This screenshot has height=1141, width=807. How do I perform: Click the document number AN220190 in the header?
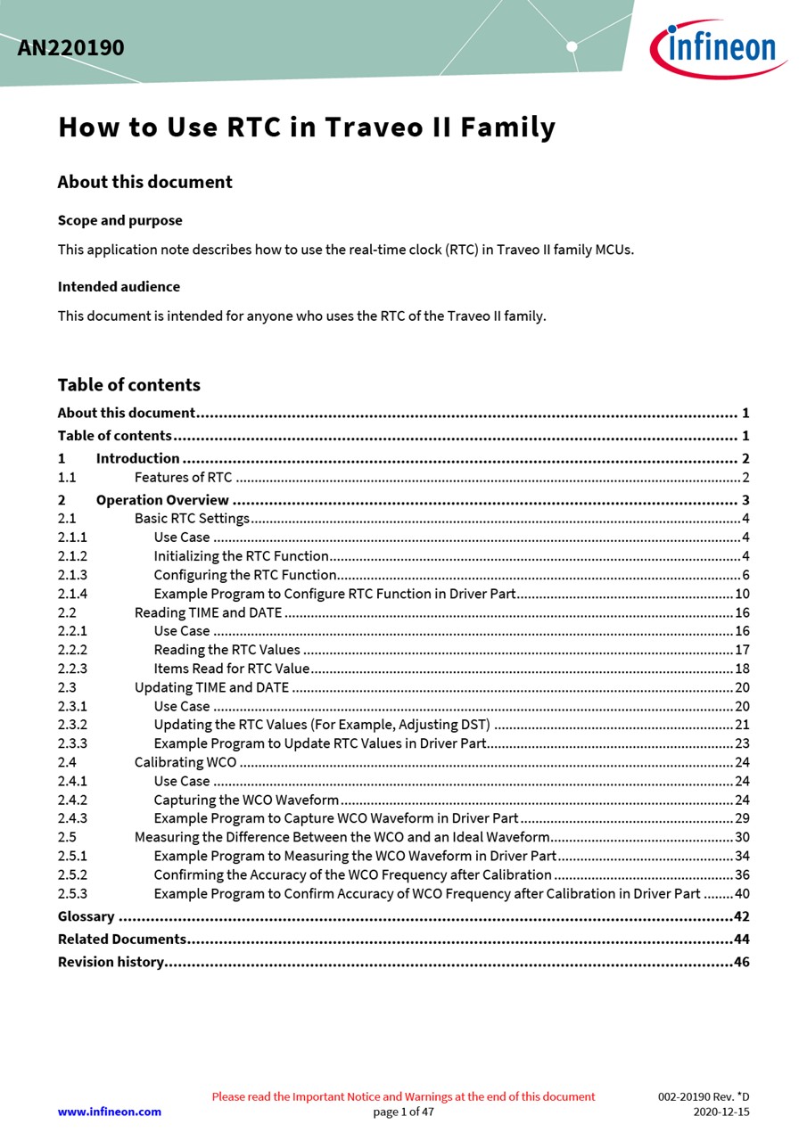[70, 48]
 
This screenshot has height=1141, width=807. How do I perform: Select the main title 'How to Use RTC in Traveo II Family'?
[307, 127]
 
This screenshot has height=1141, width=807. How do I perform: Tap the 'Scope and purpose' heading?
[119, 220]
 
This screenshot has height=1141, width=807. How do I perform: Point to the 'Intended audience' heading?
[119, 286]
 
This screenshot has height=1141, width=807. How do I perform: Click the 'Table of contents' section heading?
[128, 385]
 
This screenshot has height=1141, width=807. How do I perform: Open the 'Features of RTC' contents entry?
[183, 478]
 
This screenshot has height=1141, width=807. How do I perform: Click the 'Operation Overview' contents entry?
[162, 500]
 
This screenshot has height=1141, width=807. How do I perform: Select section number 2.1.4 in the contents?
[72, 594]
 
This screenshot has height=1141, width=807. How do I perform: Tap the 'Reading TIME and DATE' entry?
[208, 612]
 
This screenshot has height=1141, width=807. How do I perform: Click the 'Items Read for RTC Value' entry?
[232, 669]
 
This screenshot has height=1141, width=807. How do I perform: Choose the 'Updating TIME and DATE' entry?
[211, 687]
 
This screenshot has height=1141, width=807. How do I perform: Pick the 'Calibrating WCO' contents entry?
[185, 762]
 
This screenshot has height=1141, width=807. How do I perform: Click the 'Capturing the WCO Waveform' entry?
[246, 800]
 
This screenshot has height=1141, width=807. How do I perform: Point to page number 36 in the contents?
[742, 874]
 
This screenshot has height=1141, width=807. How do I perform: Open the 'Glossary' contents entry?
[86, 916]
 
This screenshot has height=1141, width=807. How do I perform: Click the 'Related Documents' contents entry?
[121, 939]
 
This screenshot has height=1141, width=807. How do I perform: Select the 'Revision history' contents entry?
[111, 962]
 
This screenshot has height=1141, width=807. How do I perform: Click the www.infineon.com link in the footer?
[109, 1112]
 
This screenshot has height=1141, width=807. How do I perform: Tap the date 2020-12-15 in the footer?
[721, 1112]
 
